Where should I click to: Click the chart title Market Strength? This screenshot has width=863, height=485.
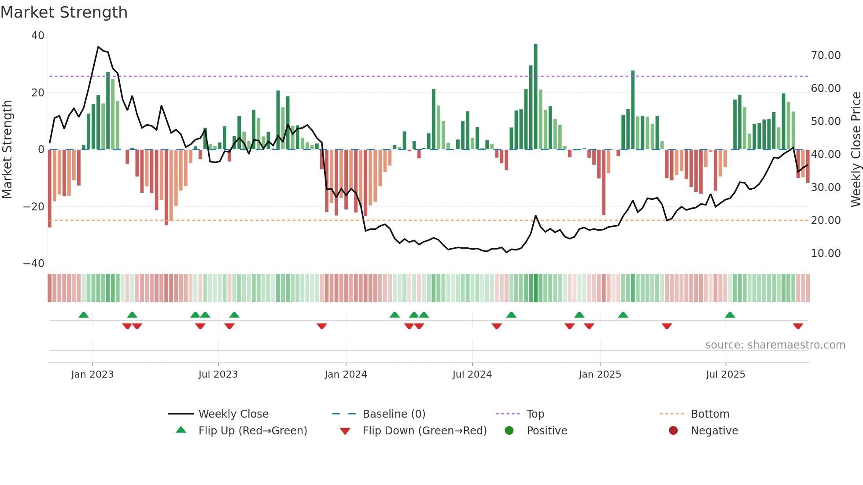coord(64,12)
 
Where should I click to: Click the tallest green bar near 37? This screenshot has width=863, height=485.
coord(535,97)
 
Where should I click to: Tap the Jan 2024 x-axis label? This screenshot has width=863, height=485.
coord(346,374)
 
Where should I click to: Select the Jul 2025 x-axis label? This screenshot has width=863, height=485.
coord(725,374)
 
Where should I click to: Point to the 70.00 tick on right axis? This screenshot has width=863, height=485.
coord(826,55)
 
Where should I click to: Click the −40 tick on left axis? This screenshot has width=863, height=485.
coord(34,264)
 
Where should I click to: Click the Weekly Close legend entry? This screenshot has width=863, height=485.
coord(233,414)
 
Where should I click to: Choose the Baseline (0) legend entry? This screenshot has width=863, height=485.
coord(394,414)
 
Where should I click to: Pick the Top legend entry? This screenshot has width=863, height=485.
coord(535,414)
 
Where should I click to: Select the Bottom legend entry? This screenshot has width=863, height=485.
coord(710,414)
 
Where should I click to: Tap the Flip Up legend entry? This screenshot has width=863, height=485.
coord(252,430)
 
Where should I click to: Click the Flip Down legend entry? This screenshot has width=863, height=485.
coord(424,430)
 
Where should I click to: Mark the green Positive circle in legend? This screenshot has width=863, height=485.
coord(509,430)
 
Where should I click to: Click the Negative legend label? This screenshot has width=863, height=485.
coord(714,430)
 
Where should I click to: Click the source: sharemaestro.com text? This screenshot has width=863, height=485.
coord(775,345)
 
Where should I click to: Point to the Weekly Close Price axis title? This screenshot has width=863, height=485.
coord(856,149)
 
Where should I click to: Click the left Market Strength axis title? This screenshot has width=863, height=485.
coord(7,149)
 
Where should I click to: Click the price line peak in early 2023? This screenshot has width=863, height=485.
coord(99,46)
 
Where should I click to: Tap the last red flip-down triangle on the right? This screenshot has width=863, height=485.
coord(798,326)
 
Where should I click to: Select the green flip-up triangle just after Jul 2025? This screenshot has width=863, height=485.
coord(730,315)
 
